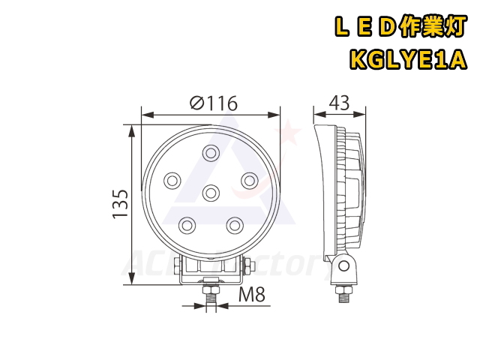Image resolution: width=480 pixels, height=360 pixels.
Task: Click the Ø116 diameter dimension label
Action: [x=214, y=103]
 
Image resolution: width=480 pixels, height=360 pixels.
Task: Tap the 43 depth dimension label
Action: [x=339, y=103]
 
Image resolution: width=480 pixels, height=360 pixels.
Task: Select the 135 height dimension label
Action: [x=120, y=204]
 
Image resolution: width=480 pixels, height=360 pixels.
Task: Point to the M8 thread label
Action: [x=252, y=295]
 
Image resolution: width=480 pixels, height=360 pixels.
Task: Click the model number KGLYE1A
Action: [x=408, y=60]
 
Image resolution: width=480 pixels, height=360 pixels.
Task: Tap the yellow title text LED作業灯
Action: [x=400, y=27]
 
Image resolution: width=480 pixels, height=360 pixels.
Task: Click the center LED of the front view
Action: [x=211, y=193]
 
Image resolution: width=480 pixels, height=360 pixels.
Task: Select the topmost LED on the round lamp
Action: [x=211, y=152]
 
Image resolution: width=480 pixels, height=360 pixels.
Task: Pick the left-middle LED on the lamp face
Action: [x=172, y=181]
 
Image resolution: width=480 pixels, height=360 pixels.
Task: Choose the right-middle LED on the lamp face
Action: [x=250, y=181]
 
